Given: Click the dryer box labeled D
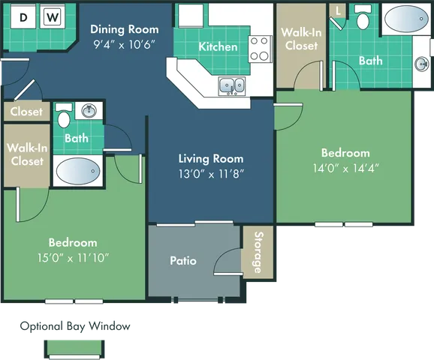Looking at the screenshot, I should click(x=24, y=16).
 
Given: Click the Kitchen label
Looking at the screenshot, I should click(x=218, y=46).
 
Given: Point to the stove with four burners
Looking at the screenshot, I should click(x=260, y=49).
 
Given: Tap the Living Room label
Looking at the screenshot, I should click(x=211, y=158).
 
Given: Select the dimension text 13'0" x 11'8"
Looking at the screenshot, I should click(x=211, y=172).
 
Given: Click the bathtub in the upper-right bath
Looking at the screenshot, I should click(x=406, y=18).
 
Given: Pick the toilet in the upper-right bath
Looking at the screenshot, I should click(x=363, y=19).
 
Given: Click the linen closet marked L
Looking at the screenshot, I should click(x=339, y=11).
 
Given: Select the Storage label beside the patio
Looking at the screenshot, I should click(x=258, y=253).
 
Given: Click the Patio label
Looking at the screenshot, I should click(x=183, y=260).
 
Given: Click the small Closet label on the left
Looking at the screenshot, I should click(x=26, y=112).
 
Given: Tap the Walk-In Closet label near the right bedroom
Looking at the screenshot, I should click(x=300, y=39).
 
